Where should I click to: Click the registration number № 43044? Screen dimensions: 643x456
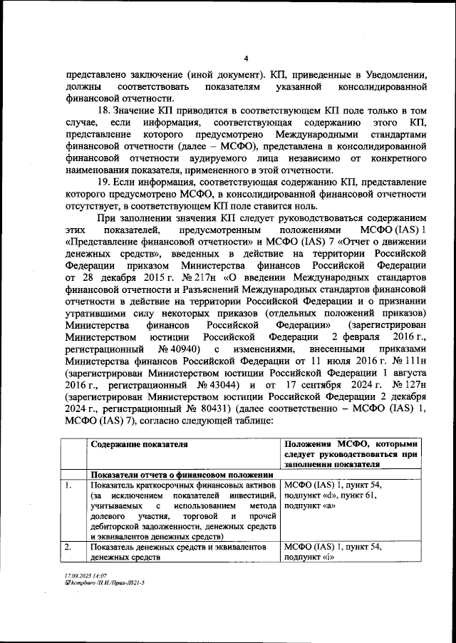pyautogui.click(x=215, y=384)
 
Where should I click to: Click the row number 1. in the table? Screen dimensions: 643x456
pyautogui.click(x=68, y=485)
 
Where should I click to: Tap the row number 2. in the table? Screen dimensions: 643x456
pyautogui.click(x=68, y=547)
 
